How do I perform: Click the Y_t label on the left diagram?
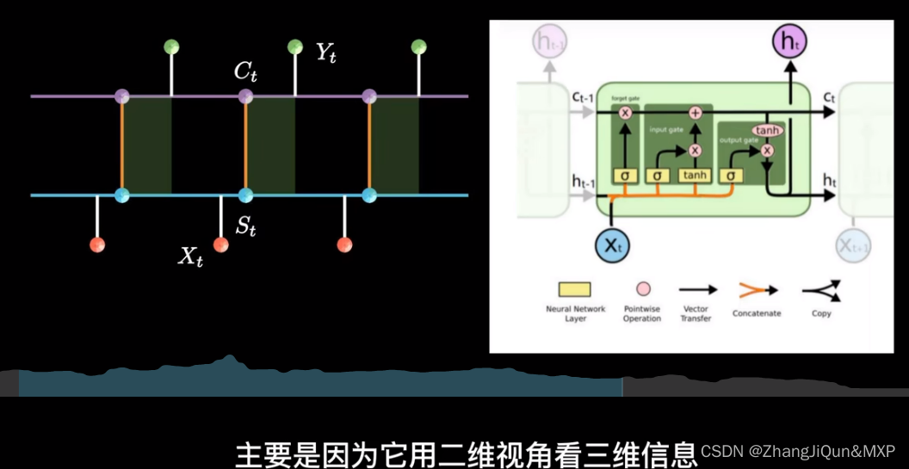tap(325, 53)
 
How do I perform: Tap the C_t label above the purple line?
tap(246, 72)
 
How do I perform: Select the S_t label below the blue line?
tap(246, 227)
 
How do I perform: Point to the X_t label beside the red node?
tap(190, 256)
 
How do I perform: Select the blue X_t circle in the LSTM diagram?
tap(612, 246)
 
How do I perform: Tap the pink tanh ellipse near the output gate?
tap(769, 131)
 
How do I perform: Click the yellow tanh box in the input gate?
tap(696, 176)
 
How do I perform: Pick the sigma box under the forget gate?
tap(626, 176)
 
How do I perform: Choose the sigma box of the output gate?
tap(730, 176)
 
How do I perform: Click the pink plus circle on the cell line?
tap(696, 113)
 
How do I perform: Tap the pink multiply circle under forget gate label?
tap(626, 113)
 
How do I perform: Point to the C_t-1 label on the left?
tap(582, 98)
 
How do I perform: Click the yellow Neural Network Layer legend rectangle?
tap(575, 290)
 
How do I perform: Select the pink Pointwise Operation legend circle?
tap(642, 290)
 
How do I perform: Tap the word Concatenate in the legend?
tap(757, 313)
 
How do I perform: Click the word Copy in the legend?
tap(821, 313)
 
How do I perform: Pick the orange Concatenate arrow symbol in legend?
tap(756, 291)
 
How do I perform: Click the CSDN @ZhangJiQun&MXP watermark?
tap(798, 451)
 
